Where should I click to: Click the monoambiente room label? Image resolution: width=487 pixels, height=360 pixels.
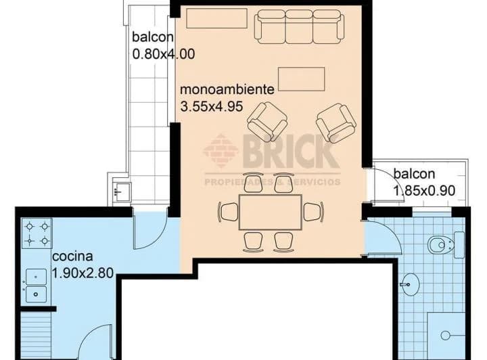pos(227,90)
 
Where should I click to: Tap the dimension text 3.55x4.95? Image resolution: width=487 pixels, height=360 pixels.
pos(212,107)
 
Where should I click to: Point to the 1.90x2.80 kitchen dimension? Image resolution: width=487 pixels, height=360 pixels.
pos(83,273)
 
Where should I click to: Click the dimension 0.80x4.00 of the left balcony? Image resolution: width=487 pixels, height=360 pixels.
pos(164,54)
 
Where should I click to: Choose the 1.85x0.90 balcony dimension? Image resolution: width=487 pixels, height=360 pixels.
pos(425,190)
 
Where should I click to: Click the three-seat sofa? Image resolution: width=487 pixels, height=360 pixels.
pos(300,26)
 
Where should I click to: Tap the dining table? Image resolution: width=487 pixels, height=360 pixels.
pos(270,212)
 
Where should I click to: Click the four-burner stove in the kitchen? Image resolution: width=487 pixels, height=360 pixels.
pos(37,233)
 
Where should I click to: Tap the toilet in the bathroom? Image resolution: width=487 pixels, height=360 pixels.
pos(446,245)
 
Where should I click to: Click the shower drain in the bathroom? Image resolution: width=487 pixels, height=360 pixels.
pos(445,336)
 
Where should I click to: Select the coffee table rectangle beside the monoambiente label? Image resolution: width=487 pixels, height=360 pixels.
pos(301,79)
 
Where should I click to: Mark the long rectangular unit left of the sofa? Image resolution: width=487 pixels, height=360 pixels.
pos(217,18)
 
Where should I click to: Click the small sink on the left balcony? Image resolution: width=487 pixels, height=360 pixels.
pos(122,191)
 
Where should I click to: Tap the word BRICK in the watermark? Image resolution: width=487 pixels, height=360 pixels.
pos(290,152)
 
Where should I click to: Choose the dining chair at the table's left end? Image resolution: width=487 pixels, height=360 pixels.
pos(229,212)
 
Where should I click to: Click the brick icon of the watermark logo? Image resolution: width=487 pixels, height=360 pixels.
pos(221,151)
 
